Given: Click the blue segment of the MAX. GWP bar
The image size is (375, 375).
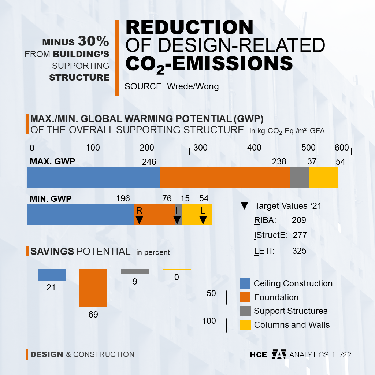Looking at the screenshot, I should [93, 178].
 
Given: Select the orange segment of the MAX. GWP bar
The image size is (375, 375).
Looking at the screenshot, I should [224, 178].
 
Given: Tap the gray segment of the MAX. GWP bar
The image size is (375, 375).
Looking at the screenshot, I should [300, 178].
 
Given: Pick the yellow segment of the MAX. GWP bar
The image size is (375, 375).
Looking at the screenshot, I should [323, 178].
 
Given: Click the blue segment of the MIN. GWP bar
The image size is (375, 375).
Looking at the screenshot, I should [80, 215].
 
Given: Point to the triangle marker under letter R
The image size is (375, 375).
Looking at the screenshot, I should [139, 220].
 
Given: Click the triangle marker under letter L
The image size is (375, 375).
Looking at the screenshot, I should [203, 220].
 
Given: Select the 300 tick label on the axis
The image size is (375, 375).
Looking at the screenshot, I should [200, 148].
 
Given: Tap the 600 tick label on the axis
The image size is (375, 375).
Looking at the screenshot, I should [342, 148].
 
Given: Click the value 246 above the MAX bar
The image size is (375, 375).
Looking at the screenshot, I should [149, 162].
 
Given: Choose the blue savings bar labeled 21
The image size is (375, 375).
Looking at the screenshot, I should [52, 275].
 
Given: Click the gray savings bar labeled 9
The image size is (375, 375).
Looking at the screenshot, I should [135, 271].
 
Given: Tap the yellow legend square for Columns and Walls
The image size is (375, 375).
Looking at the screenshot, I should [245, 324].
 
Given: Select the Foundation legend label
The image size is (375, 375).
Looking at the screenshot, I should [276, 297].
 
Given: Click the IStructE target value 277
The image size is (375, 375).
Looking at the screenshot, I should [300, 235].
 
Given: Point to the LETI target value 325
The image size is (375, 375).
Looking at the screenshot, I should [299, 251].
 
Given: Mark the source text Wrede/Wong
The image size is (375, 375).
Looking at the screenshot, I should [193, 86].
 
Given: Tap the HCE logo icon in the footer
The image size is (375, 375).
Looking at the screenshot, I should [279, 354].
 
